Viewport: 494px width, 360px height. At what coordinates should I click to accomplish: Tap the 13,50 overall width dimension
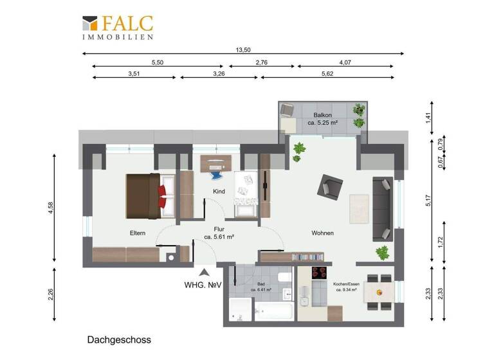[243, 49]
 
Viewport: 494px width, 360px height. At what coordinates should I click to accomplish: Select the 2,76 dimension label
[262, 62]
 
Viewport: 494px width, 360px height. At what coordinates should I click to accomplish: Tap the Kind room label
[220, 192]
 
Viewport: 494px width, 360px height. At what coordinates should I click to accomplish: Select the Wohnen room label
[322, 233]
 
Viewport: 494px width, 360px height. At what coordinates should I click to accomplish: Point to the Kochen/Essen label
[348, 285]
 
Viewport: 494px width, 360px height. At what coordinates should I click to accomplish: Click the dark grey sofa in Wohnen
[382, 208]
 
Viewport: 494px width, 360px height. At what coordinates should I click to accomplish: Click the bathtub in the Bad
[275, 313]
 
